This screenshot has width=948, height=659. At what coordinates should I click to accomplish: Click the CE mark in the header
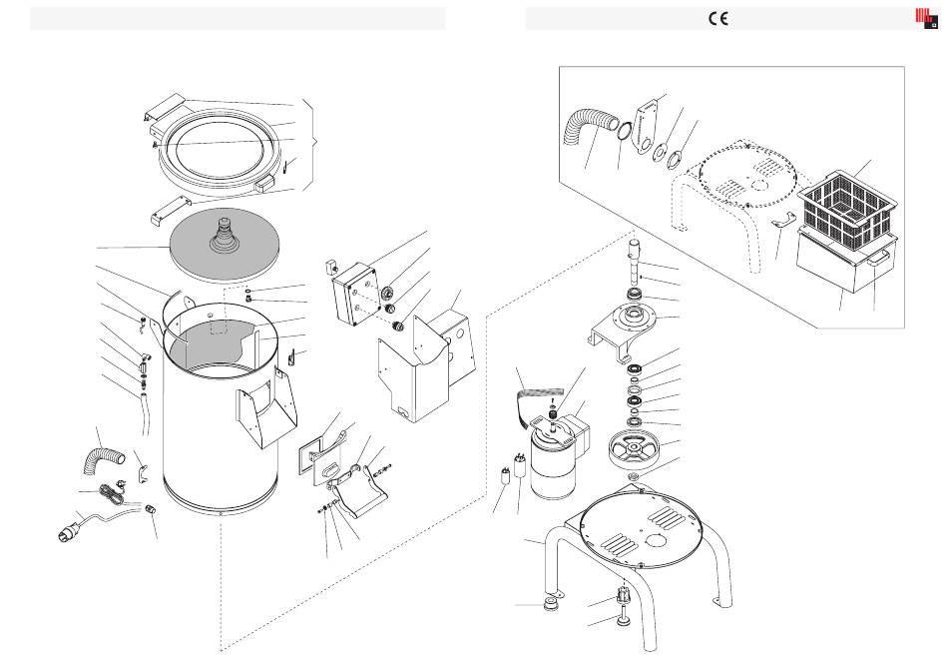[x=718, y=19]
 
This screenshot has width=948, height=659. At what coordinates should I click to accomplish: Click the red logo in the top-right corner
[x=926, y=18]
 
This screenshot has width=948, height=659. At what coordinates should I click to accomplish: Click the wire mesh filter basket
[x=846, y=209]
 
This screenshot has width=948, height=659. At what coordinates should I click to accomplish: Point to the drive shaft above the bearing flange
[x=634, y=262]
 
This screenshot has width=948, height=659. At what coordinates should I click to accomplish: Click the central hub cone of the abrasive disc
[x=225, y=234]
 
